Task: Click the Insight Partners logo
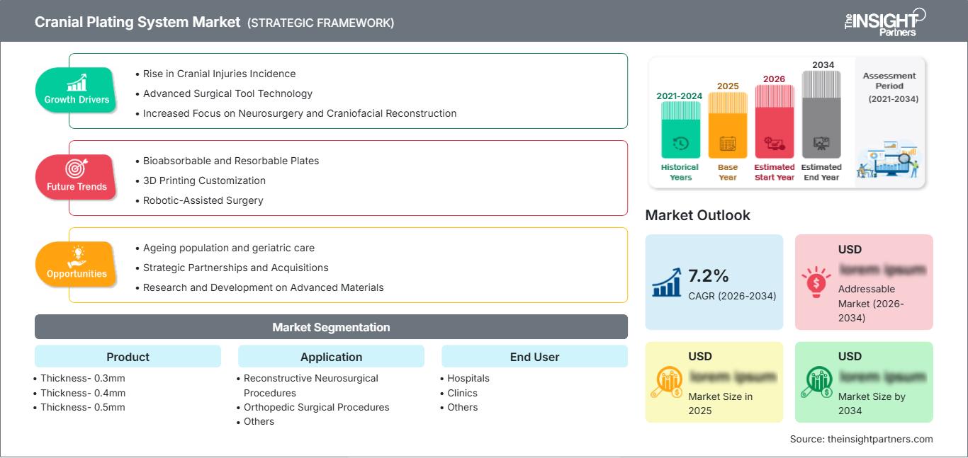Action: pos(884,21)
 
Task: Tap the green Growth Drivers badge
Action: pos(77,90)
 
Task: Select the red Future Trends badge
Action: pos(75,177)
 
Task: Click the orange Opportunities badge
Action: pos(76,264)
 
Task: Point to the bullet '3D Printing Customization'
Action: pos(204,181)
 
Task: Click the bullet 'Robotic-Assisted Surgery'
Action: pos(203,200)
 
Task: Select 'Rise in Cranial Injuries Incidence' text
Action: pos(219,74)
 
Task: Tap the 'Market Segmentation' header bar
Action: pos(331,327)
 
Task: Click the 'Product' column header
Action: pos(128,357)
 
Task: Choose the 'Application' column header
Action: pos(331,357)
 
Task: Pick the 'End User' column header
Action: pos(534,357)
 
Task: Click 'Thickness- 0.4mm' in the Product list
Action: pos(83,393)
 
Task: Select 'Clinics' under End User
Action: pos(462,393)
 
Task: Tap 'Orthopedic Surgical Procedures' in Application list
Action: pos(316,407)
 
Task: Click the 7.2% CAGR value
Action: pos(709,275)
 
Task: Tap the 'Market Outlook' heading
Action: pos(697,215)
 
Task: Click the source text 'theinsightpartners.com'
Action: pos(880,439)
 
